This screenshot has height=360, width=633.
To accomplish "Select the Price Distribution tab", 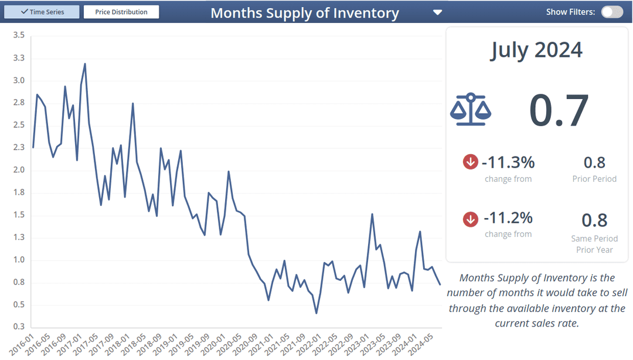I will tap(121, 12).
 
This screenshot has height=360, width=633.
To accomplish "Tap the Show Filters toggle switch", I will tap(612, 12).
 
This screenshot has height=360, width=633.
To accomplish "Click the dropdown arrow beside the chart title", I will tap(437, 12).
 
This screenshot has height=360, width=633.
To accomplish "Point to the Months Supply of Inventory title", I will tap(304, 13).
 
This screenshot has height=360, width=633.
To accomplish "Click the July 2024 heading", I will tap(536, 50).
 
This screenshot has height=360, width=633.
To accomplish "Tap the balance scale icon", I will tap(471, 110).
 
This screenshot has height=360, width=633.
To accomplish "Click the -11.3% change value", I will tap(508, 162).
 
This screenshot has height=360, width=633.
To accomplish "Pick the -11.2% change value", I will tap(508, 218).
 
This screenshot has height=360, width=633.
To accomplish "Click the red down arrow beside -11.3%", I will tap(471, 162).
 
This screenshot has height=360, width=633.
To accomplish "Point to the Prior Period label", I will tap(594, 179).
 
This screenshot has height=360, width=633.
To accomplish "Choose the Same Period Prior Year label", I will tap(594, 244).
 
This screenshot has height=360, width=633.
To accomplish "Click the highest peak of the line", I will tap(85, 64).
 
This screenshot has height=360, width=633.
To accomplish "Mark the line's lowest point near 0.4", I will tap(316, 313).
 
